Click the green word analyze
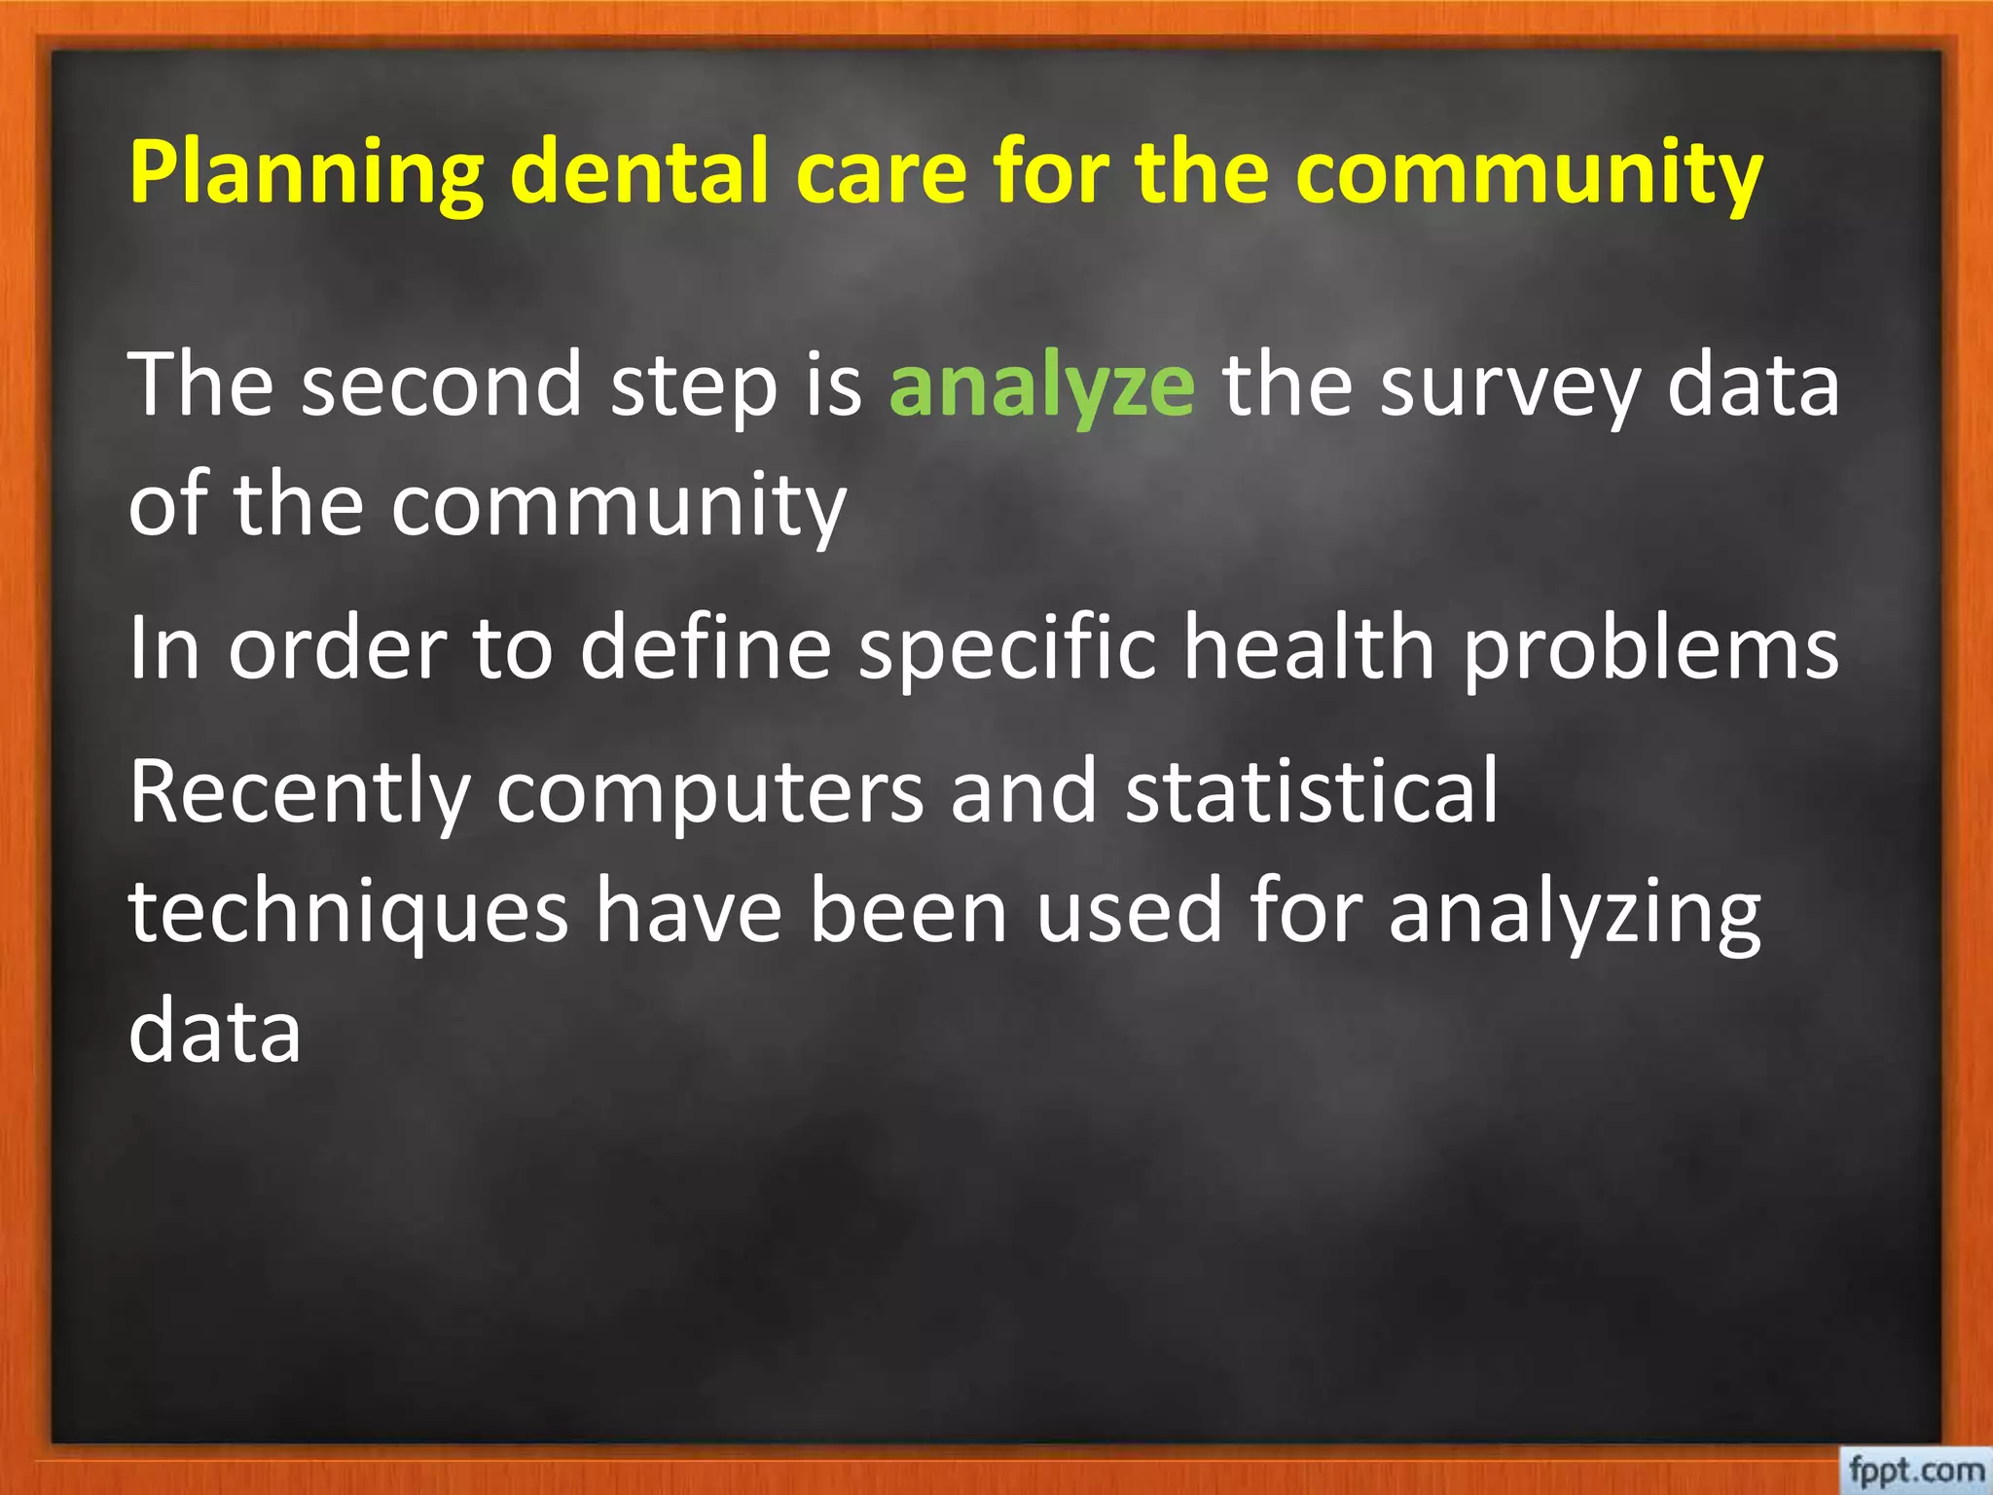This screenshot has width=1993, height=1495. [x=1041, y=386]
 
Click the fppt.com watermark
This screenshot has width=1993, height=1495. [x=1915, y=1469]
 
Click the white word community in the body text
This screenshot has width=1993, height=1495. [x=618, y=507]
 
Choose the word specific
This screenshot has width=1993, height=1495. [x=1007, y=650]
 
